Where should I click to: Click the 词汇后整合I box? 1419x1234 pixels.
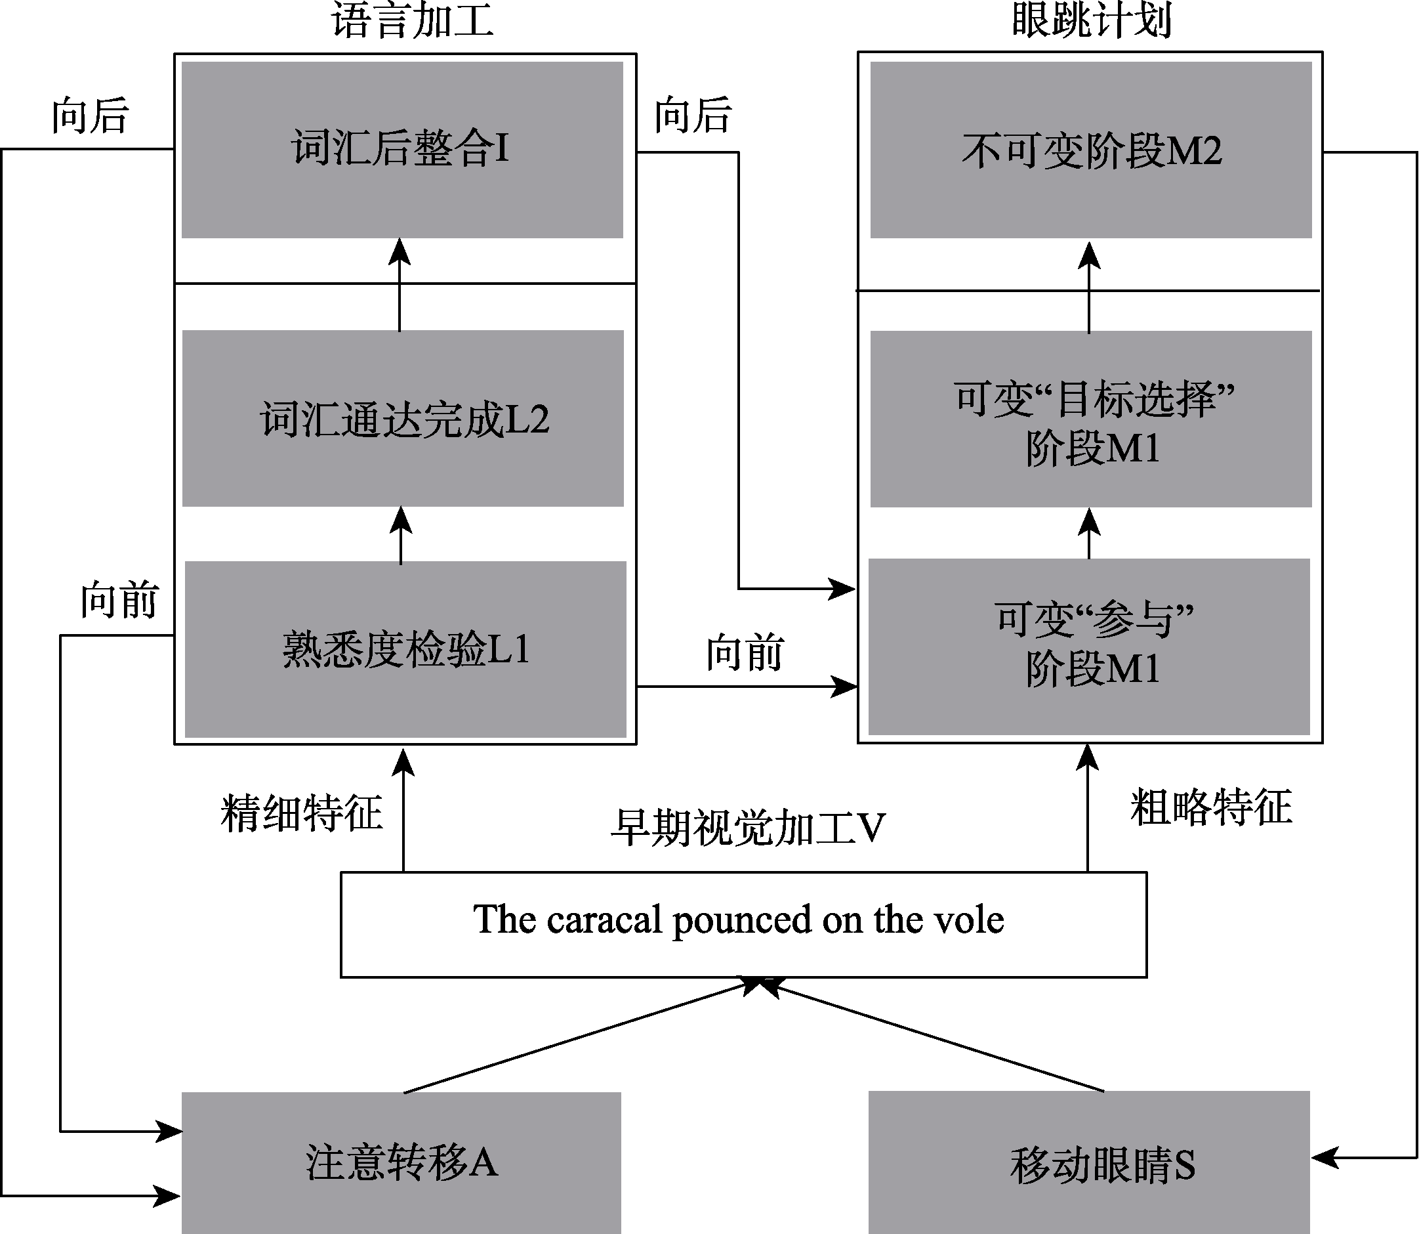tap(402, 150)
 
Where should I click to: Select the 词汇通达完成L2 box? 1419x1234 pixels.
tap(403, 418)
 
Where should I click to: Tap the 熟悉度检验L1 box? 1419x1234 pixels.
tap(405, 649)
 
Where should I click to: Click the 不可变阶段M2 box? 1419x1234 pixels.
tap(1091, 150)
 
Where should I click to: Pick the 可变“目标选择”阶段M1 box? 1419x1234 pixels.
tap(1091, 419)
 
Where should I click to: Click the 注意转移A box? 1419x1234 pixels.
tap(401, 1162)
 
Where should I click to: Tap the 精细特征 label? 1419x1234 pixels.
tap(301, 813)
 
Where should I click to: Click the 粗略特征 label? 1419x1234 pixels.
tap(1210, 807)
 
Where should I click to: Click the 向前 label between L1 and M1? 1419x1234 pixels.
tap(745, 652)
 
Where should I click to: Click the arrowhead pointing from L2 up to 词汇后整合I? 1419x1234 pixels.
tap(400, 252)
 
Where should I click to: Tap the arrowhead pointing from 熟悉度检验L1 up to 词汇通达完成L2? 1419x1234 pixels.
tap(401, 521)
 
